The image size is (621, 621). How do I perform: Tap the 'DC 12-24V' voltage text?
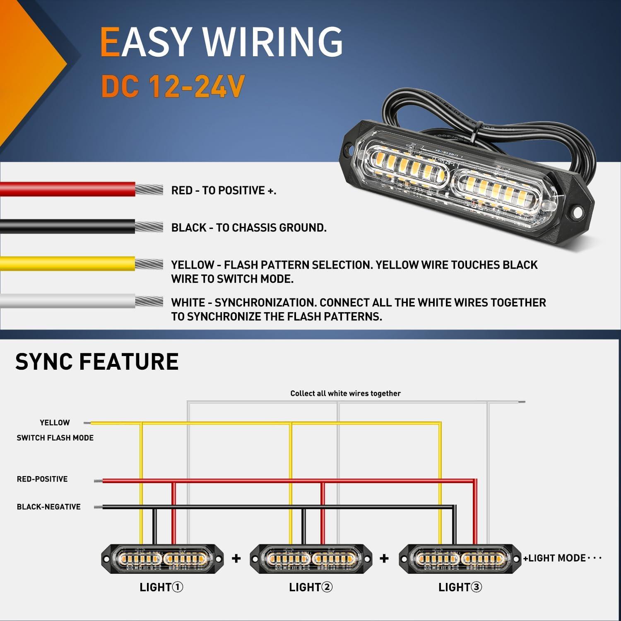(173, 87)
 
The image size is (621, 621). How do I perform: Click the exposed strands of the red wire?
(149, 190)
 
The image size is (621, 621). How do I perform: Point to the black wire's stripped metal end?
(149, 227)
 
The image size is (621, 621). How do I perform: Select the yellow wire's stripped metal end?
(149, 264)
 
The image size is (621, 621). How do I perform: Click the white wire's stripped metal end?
(149, 301)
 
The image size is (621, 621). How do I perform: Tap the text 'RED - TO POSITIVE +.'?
(224, 190)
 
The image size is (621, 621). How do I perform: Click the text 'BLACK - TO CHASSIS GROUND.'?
(249, 228)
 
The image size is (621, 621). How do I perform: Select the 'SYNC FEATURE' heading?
(97, 361)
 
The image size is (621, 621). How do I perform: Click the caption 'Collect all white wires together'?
(345, 393)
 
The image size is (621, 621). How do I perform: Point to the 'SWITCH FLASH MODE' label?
(55, 438)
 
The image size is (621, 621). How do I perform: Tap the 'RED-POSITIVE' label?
(42, 479)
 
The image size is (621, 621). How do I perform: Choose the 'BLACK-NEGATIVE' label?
(48, 507)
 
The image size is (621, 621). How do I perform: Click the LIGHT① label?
(161, 587)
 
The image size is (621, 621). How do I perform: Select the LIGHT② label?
(310, 587)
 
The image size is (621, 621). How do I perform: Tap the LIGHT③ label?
(460, 587)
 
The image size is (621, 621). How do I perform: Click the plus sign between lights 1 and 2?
(236, 558)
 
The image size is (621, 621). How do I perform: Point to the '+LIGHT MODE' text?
(555, 558)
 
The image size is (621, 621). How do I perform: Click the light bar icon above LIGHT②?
(311, 559)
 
